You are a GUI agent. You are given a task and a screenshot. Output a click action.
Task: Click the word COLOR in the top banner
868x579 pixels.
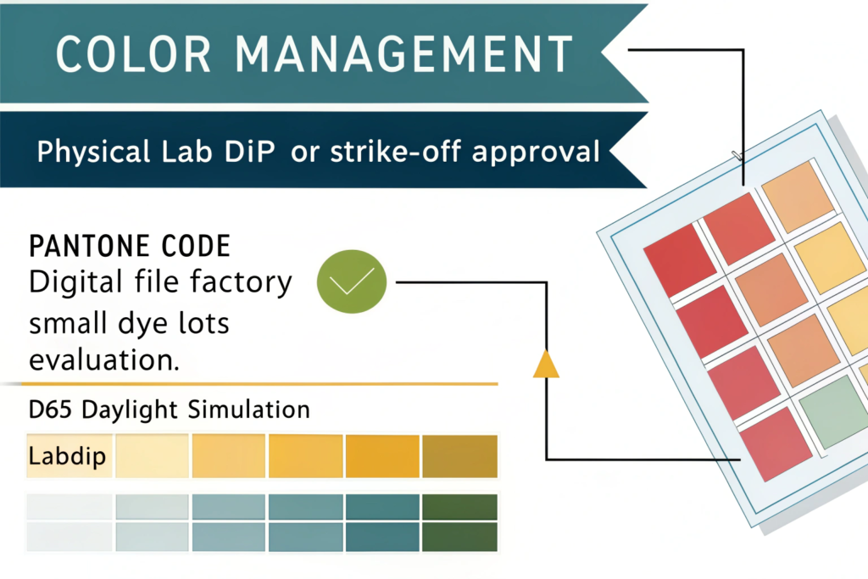point(133,53)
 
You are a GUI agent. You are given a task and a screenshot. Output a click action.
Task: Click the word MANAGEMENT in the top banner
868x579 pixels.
point(404,53)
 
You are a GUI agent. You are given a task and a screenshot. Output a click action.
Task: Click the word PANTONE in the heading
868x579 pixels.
point(88,247)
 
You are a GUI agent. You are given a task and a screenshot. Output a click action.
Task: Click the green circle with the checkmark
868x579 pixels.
point(352,281)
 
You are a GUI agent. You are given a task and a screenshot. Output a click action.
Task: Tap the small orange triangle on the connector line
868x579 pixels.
point(546,365)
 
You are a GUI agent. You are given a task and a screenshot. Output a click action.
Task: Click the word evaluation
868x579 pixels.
point(104,359)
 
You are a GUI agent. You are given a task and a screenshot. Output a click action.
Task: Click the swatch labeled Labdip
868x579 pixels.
point(70,456)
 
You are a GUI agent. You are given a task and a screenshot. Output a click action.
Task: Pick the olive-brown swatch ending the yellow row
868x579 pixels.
point(460,456)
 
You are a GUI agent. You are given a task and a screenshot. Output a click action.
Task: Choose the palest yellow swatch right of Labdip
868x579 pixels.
point(153,456)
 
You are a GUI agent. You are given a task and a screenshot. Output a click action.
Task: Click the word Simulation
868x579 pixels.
point(248,410)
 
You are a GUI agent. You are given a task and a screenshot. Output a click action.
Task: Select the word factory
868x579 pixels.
point(241,283)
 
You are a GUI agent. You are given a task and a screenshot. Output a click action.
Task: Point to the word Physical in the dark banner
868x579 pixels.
point(93,152)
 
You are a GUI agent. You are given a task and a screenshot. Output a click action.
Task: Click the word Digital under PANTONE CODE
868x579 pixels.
point(75,283)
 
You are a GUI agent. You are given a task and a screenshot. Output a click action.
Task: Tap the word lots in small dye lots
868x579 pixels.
point(204,323)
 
